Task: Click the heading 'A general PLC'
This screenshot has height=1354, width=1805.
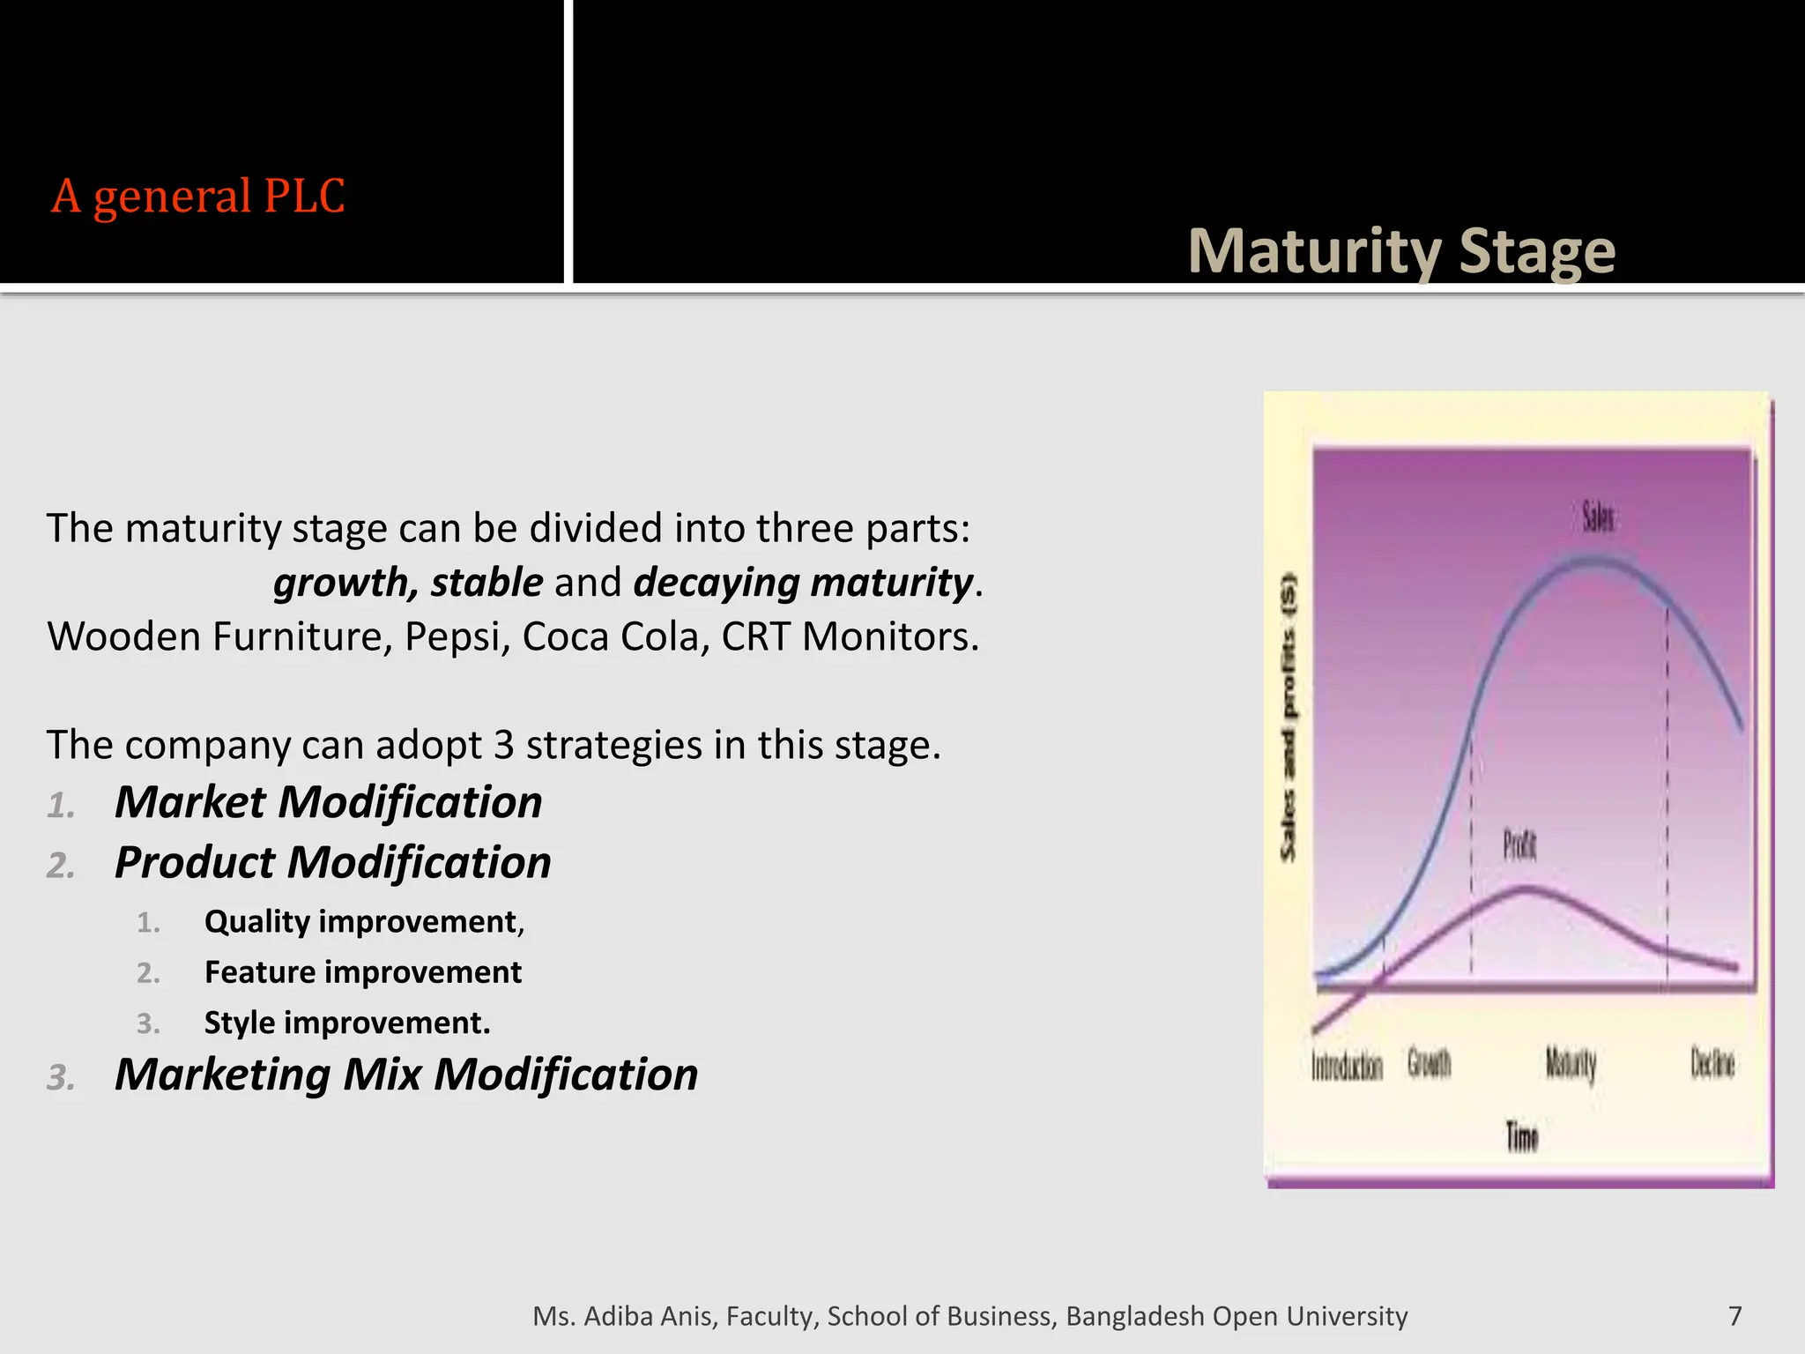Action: [x=197, y=196]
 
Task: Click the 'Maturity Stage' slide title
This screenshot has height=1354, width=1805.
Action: [x=1401, y=252]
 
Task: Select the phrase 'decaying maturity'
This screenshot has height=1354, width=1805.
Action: [x=802, y=583]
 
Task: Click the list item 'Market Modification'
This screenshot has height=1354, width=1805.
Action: [x=328, y=802]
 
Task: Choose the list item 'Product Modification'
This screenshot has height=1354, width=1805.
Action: [x=332, y=862]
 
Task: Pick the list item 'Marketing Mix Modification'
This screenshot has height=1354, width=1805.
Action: [x=405, y=1075]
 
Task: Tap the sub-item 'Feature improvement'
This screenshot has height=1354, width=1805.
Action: [x=362, y=972]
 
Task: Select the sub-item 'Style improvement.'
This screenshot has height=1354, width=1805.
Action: [x=346, y=1023]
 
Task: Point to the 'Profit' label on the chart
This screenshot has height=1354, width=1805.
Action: [x=1519, y=846]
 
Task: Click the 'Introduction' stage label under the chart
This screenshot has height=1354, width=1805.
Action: [x=1347, y=1067]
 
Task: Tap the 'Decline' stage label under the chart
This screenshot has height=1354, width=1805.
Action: [x=1712, y=1064]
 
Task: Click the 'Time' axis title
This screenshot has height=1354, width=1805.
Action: [x=1521, y=1137]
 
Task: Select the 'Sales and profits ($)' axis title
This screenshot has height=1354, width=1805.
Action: [x=1289, y=718]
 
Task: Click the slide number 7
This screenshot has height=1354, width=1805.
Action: [x=1734, y=1316]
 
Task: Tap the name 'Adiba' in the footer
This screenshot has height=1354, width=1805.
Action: [x=618, y=1316]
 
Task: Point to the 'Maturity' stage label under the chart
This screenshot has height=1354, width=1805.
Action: [x=1571, y=1065]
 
